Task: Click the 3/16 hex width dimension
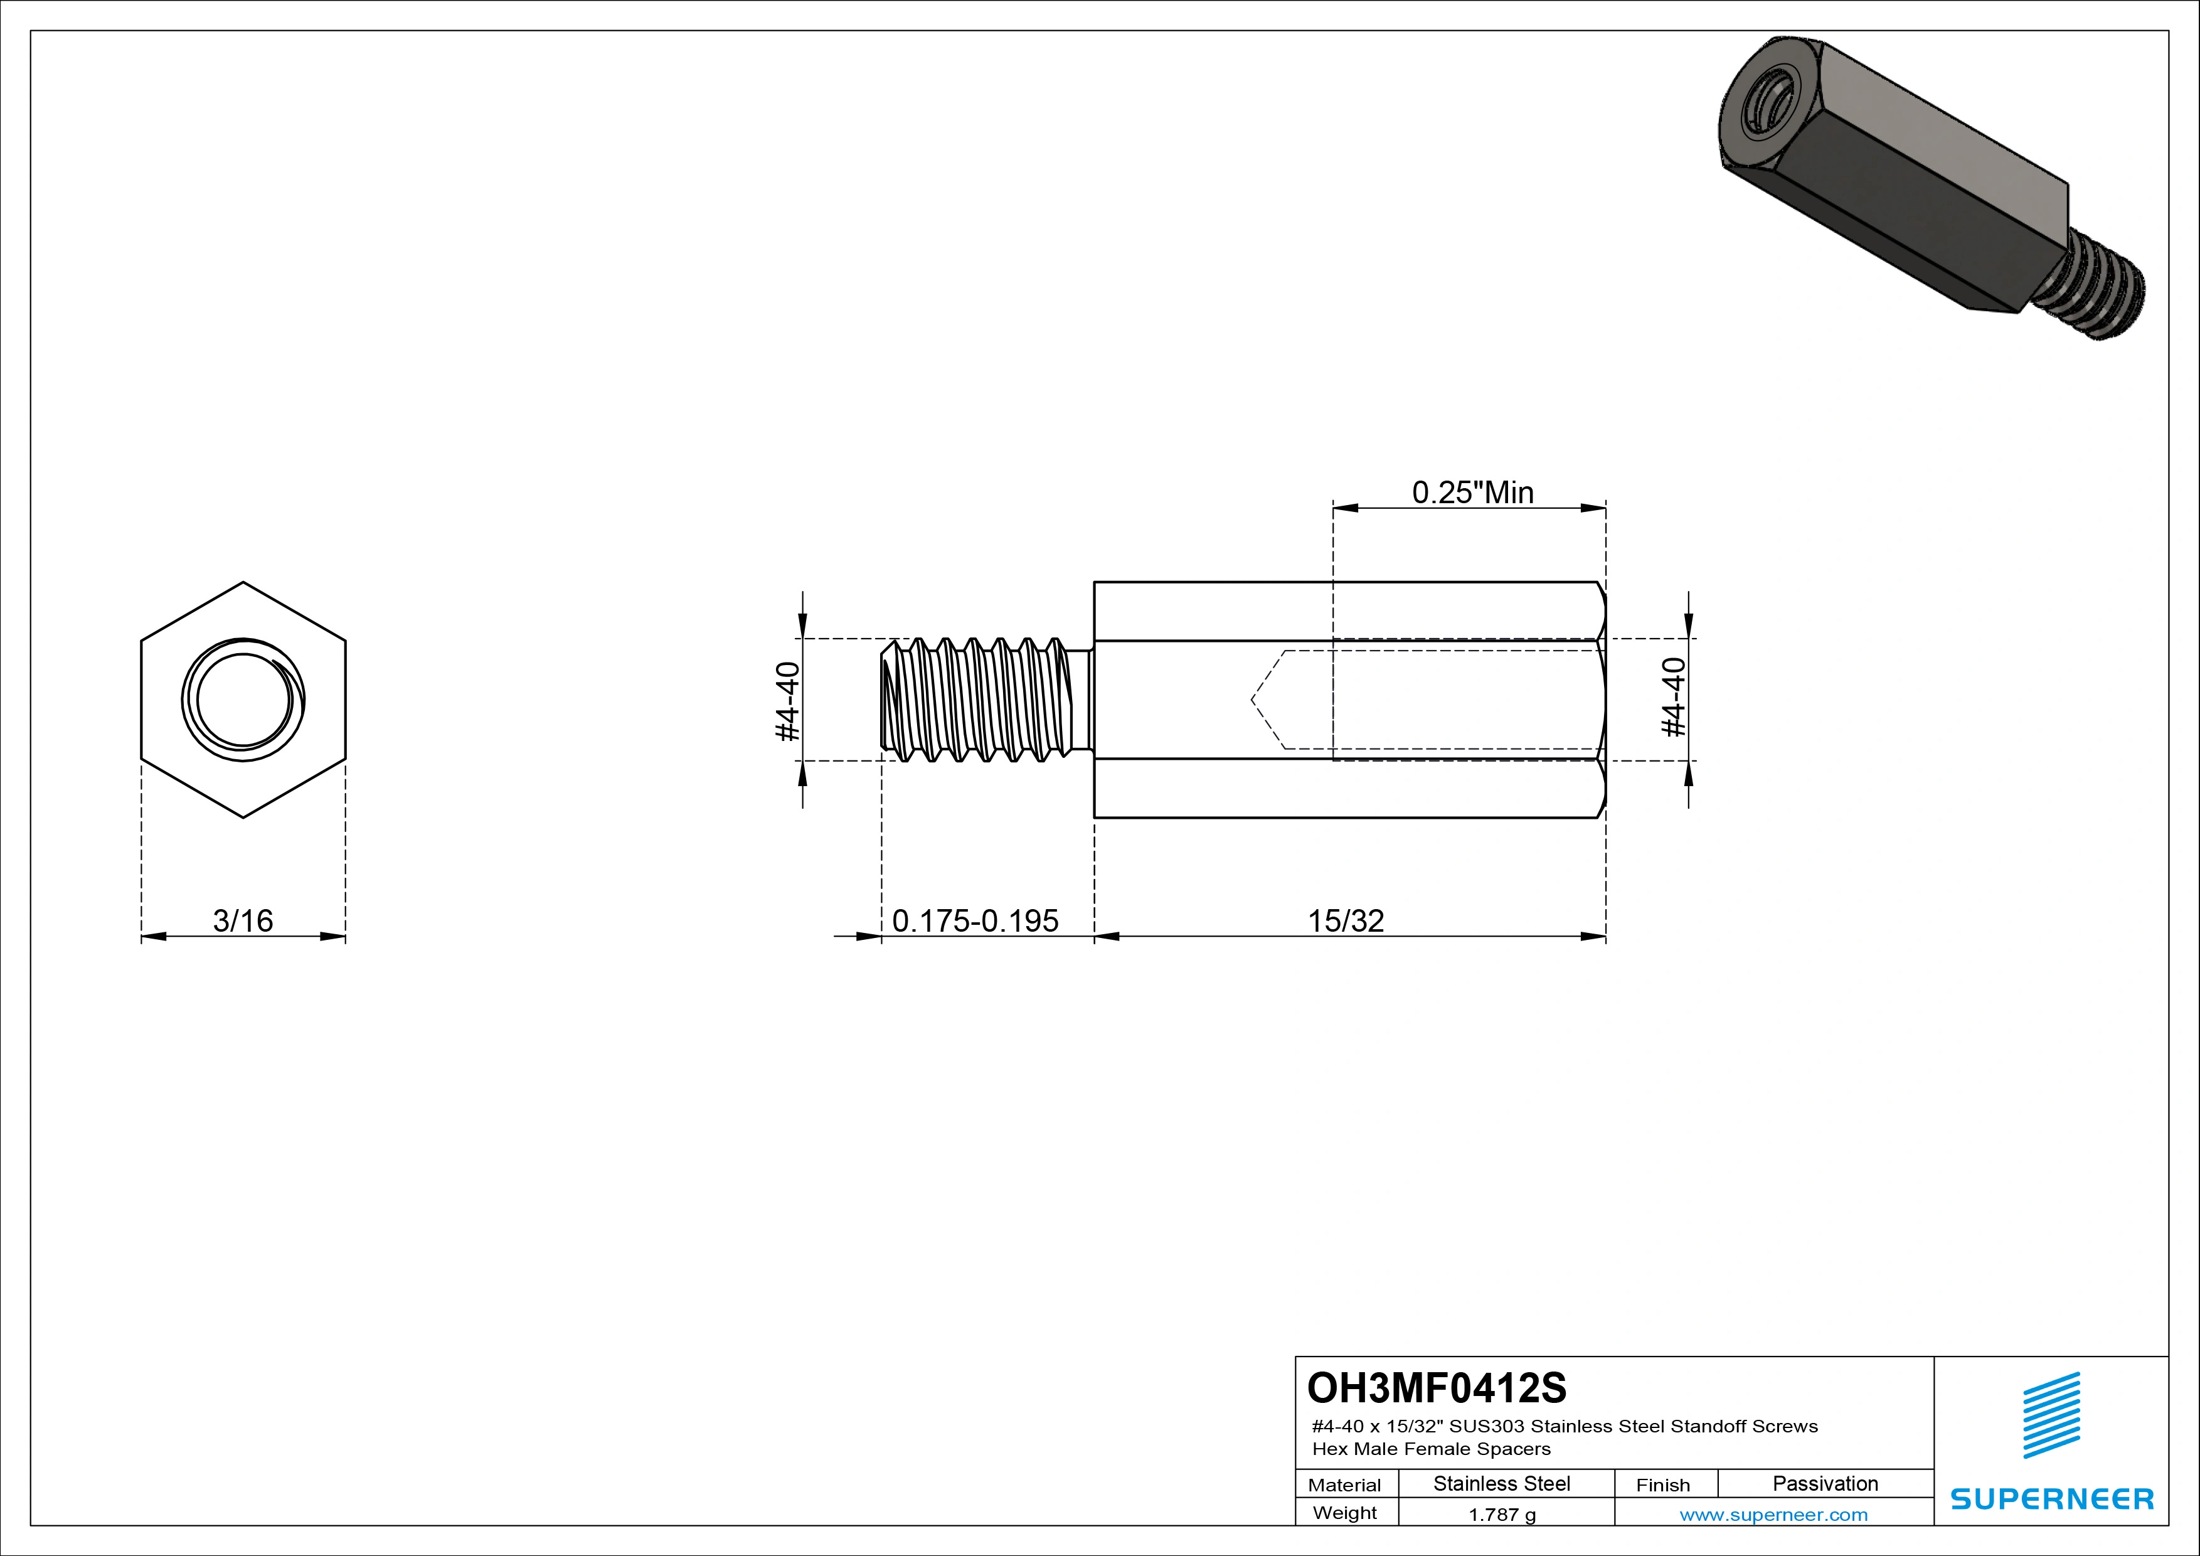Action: pyautogui.click(x=243, y=921)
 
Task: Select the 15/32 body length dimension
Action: pyautogui.click(x=1346, y=921)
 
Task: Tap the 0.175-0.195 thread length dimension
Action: pyautogui.click(x=975, y=921)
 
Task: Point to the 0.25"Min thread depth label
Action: pyautogui.click(x=1473, y=493)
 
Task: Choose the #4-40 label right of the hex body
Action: pyautogui.click(x=1673, y=698)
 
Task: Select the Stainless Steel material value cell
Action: pyautogui.click(x=1501, y=1484)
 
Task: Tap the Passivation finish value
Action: pyautogui.click(x=1825, y=1484)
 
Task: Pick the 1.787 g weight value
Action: pyautogui.click(x=1502, y=1515)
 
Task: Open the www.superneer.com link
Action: pyautogui.click(x=1773, y=1515)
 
